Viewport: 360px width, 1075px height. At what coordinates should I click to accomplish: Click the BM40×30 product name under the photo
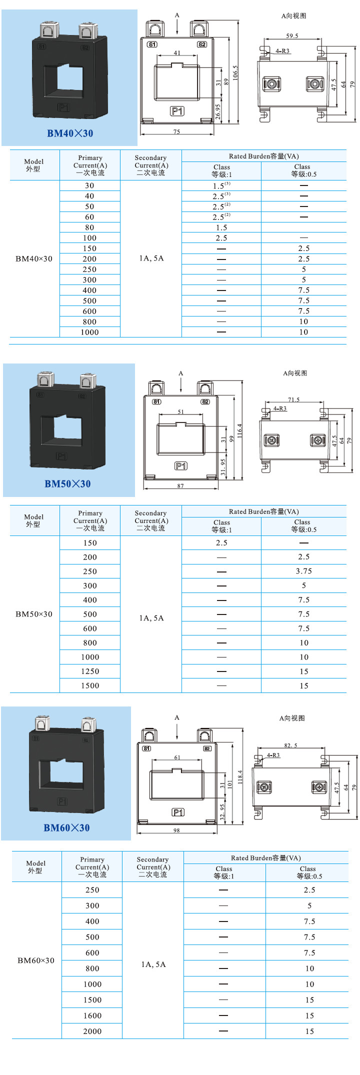(x=69, y=133)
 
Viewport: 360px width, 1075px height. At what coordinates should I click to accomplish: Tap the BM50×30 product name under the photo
(x=67, y=484)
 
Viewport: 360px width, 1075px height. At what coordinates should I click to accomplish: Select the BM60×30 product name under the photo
(x=66, y=828)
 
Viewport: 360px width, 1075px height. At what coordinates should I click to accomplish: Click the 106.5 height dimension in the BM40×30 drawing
(x=235, y=72)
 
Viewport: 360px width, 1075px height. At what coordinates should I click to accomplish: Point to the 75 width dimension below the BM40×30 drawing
(x=176, y=132)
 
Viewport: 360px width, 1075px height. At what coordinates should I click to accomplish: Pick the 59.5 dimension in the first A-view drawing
(x=292, y=36)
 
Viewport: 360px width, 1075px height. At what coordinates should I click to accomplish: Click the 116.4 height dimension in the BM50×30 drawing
(x=239, y=430)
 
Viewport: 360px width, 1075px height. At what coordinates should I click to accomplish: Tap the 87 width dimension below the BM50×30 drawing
(x=180, y=486)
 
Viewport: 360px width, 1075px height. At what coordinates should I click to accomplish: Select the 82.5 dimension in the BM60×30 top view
(x=290, y=745)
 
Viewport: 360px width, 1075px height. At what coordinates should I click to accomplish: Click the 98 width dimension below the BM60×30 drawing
(x=176, y=830)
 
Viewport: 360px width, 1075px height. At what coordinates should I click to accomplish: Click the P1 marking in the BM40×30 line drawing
(x=177, y=111)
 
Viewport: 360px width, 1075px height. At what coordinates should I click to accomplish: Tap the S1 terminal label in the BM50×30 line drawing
(x=156, y=402)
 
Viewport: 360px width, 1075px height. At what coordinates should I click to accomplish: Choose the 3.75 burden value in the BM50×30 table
(x=304, y=571)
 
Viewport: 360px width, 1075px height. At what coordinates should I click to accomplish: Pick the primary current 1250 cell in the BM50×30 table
(x=90, y=671)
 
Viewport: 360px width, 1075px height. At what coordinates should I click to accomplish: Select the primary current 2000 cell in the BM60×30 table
(x=92, y=1031)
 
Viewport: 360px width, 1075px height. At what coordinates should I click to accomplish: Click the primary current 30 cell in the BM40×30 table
(x=89, y=185)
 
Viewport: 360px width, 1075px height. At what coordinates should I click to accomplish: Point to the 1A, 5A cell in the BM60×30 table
(x=153, y=964)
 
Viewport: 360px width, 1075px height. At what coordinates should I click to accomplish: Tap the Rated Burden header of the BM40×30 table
(x=263, y=156)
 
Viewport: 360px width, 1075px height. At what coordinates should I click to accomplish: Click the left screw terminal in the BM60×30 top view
(x=264, y=787)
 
